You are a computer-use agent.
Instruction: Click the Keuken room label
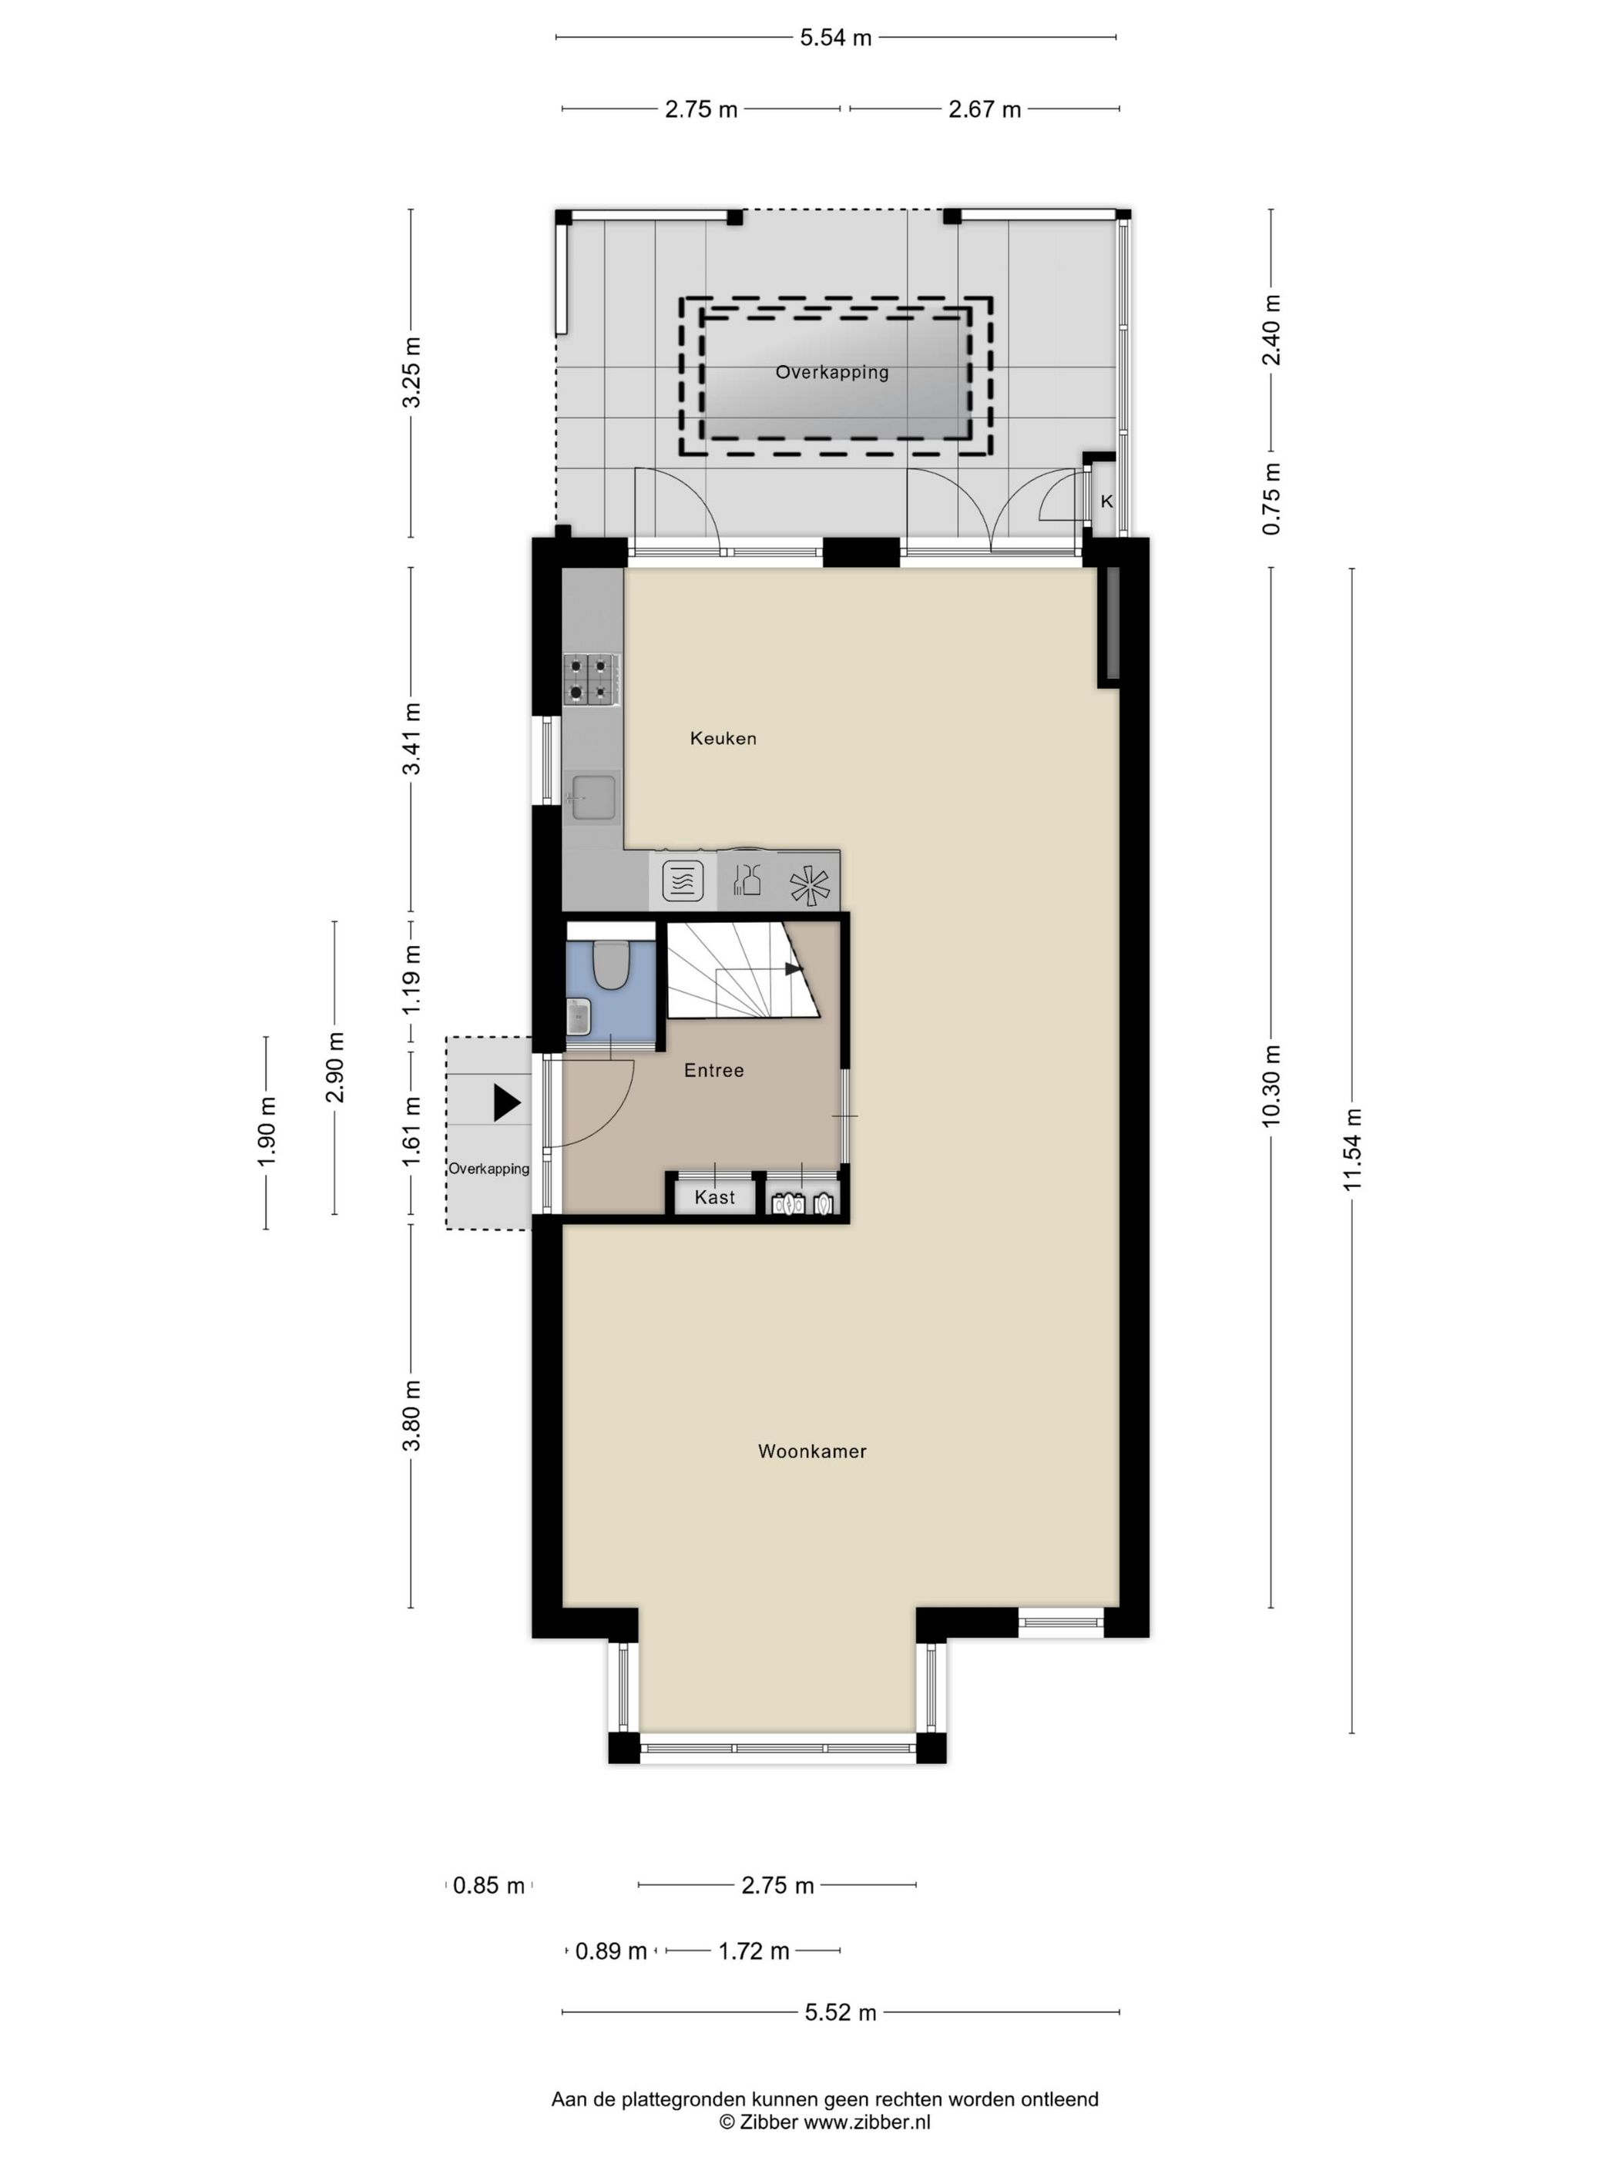click(723, 738)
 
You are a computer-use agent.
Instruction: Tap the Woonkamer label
click(811, 1451)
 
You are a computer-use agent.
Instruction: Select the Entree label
click(713, 1070)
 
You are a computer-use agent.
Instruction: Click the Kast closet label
click(714, 1197)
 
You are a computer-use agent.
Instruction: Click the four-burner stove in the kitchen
click(591, 679)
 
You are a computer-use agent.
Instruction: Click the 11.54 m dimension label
click(1351, 1149)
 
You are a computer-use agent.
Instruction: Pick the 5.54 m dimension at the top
click(835, 38)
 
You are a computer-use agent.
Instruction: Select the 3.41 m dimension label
click(412, 738)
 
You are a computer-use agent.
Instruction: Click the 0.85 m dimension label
click(488, 1885)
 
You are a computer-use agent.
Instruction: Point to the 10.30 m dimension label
click(1271, 1085)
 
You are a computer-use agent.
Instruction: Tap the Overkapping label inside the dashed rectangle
click(831, 371)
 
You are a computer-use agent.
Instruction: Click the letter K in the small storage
click(1106, 502)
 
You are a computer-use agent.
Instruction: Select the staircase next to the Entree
click(741, 970)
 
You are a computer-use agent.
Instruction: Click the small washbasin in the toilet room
click(579, 1016)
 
